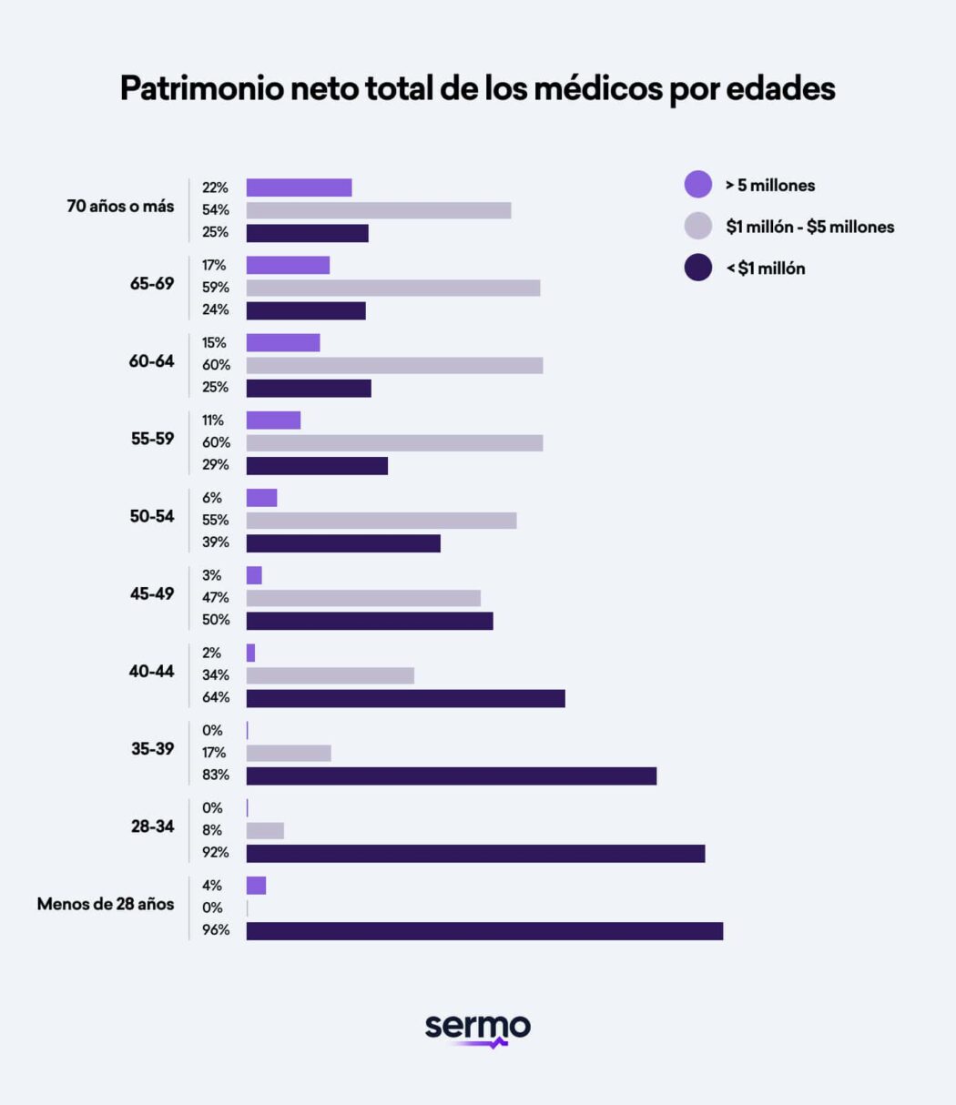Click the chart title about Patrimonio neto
pyautogui.click(x=477, y=89)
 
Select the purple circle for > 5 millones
pyautogui.click(x=697, y=185)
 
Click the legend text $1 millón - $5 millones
pyautogui.click(x=809, y=227)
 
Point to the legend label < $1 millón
pyautogui.click(x=765, y=269)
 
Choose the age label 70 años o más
pyautogui.click(x=120, y=207)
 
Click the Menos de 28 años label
pyautogui.click(x=106, y=905)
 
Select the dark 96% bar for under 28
pyautogui.click(x=484, y=931)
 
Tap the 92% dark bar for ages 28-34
pyautogui.click(x=475, y=854)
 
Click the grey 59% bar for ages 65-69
pyautogui.click(x=393, y=288)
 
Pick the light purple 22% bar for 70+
pyautogui.click(x=299, y=188)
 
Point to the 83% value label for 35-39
pyautogui.click(x=216, y=776)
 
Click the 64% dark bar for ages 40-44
pyautogui.click(x=405, y=698)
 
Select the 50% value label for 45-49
pyautogui.click(x=216, y=620)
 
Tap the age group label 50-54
pyautogui.click(x=151, y=517)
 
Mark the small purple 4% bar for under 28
pyautogui.click(x=256, y=886)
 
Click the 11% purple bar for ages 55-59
pyautogui.click(x=273, y=421)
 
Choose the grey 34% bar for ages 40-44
pyautogui.click(x=330, y=675)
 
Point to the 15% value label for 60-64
pyautogui.click(x=215, y=343)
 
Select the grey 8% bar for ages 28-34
pyautogui.click(x=265, y=831)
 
